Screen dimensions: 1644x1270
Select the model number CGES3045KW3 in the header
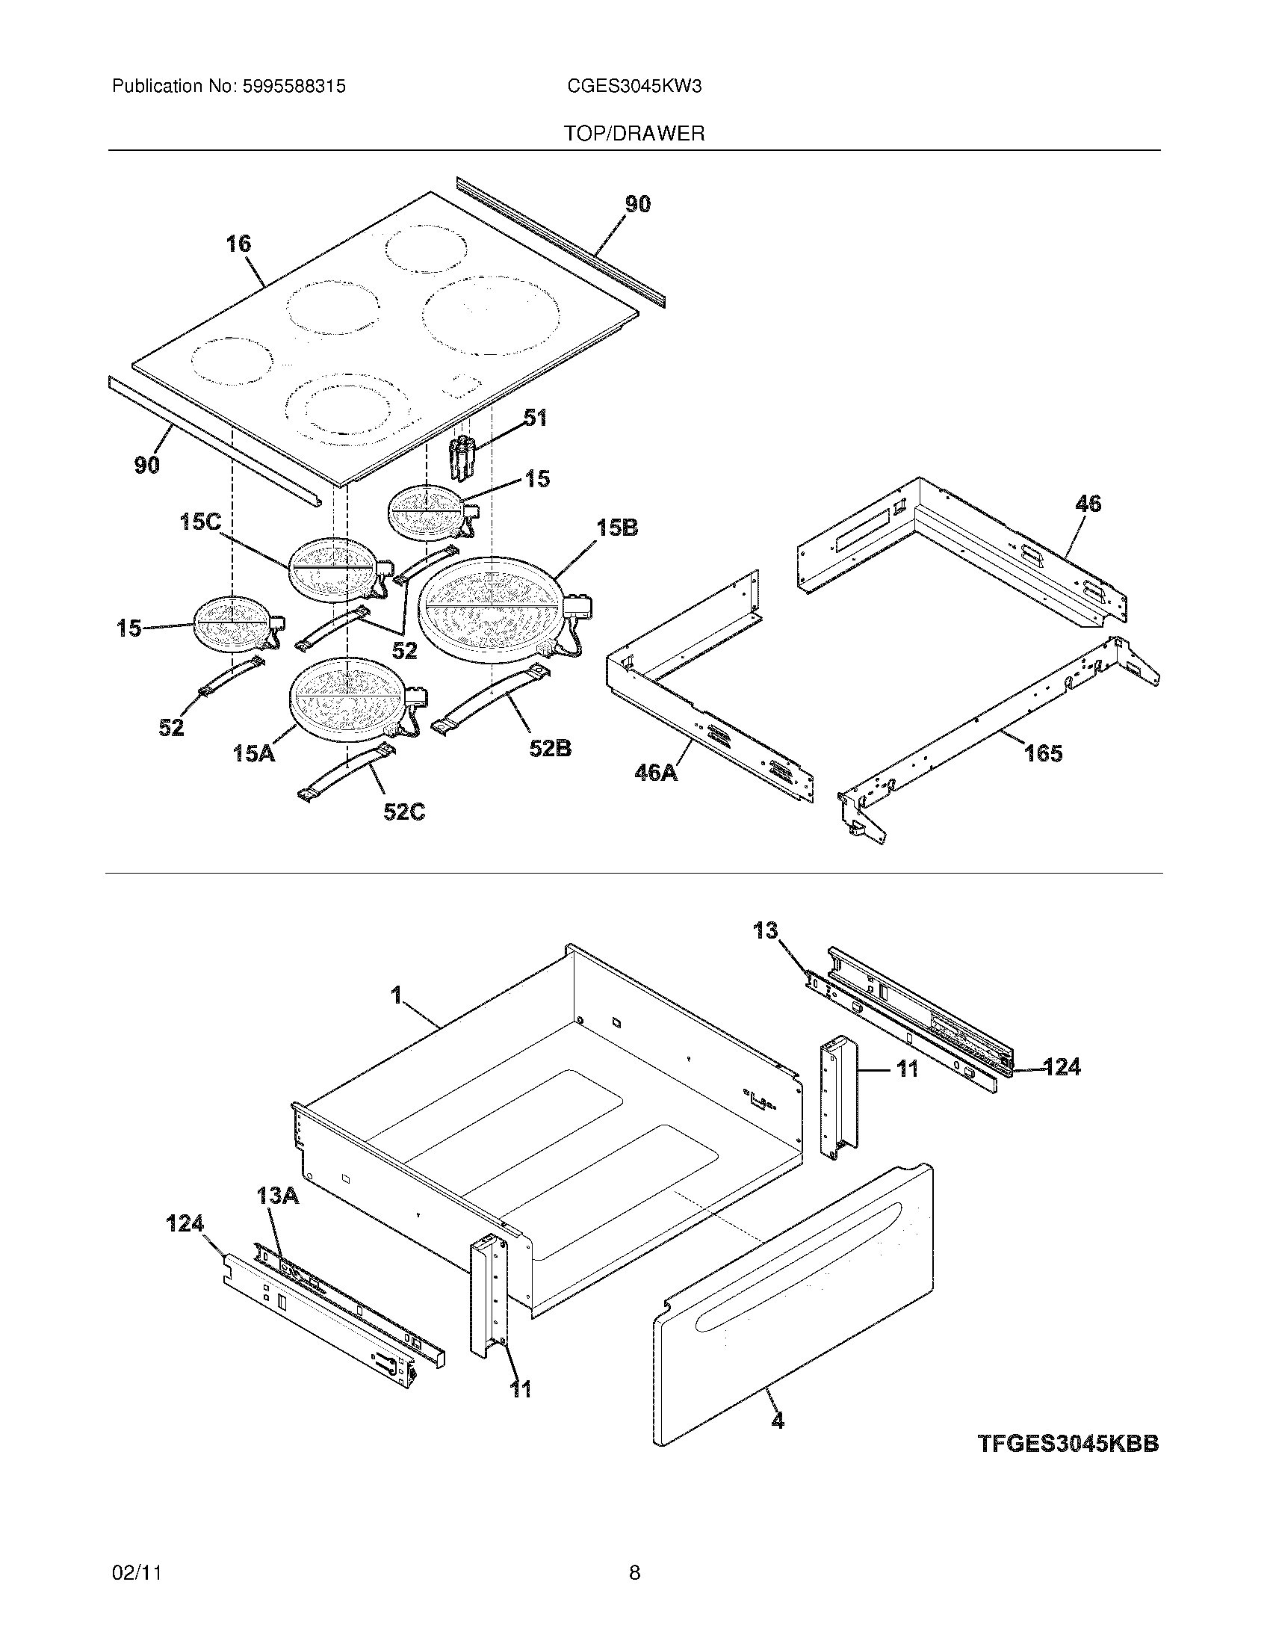tap(634, 87)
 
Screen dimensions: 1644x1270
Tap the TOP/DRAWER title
tap(634, 134)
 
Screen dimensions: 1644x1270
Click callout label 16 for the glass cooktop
tap(238, 244)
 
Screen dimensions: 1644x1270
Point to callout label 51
tap(535, 418)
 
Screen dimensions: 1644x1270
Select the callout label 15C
tap(200, 522)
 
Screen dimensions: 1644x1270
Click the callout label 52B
tap(550, 748)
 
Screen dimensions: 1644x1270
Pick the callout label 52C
tap(404, 812)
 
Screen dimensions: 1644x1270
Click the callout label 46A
tap(656, 772)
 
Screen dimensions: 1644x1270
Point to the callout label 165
tap(1043, 752)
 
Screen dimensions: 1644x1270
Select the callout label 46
tap(1088, 504)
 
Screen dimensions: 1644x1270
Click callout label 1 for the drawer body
tap(396, 995)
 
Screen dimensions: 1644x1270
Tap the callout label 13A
tap(277, 1195)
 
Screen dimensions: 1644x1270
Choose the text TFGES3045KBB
tap(1068, 1444)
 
